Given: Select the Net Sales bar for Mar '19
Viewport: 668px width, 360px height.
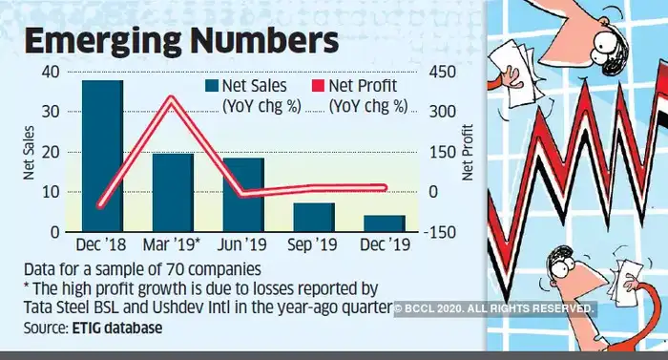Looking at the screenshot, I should pyautogui.click(x=173, y=194).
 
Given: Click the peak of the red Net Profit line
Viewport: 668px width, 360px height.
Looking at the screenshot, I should pyautogui.click(x=172, y=97).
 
